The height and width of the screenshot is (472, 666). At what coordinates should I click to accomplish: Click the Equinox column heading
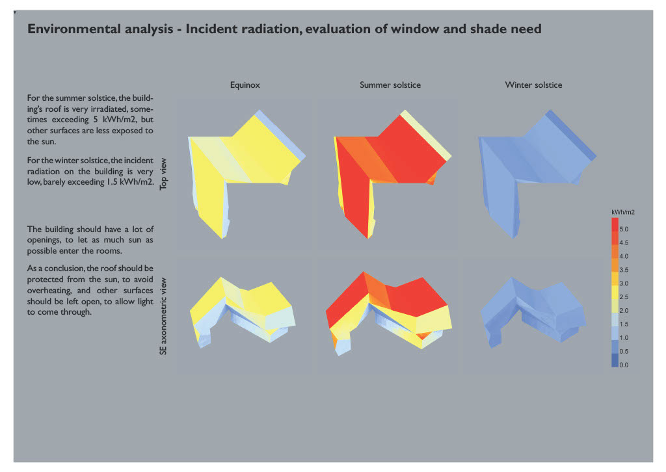[x=245, y=85]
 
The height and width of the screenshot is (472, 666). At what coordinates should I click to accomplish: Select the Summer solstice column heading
[x=390, y=85]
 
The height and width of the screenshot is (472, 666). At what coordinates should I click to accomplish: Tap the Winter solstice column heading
[x=533, y=85]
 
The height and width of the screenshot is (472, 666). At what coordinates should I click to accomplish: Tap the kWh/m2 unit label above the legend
[x=622, y=212]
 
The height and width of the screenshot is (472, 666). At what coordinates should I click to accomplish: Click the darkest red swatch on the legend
[x=615, y=225]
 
